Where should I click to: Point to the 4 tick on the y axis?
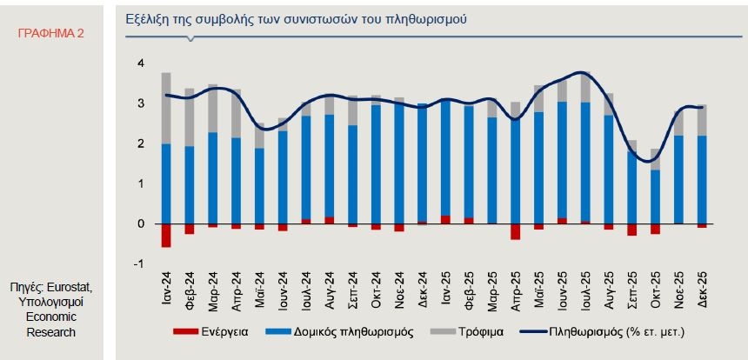coord(140,64)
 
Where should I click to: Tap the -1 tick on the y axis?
coord(139,263)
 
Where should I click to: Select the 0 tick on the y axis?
coord(141,224)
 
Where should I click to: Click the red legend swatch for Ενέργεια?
coord(186,331)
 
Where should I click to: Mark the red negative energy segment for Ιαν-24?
coord(166,236)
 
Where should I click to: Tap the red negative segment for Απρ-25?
coord(516,231)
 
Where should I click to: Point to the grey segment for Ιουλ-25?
coord(585,87)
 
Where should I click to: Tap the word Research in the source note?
coord(51,332)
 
